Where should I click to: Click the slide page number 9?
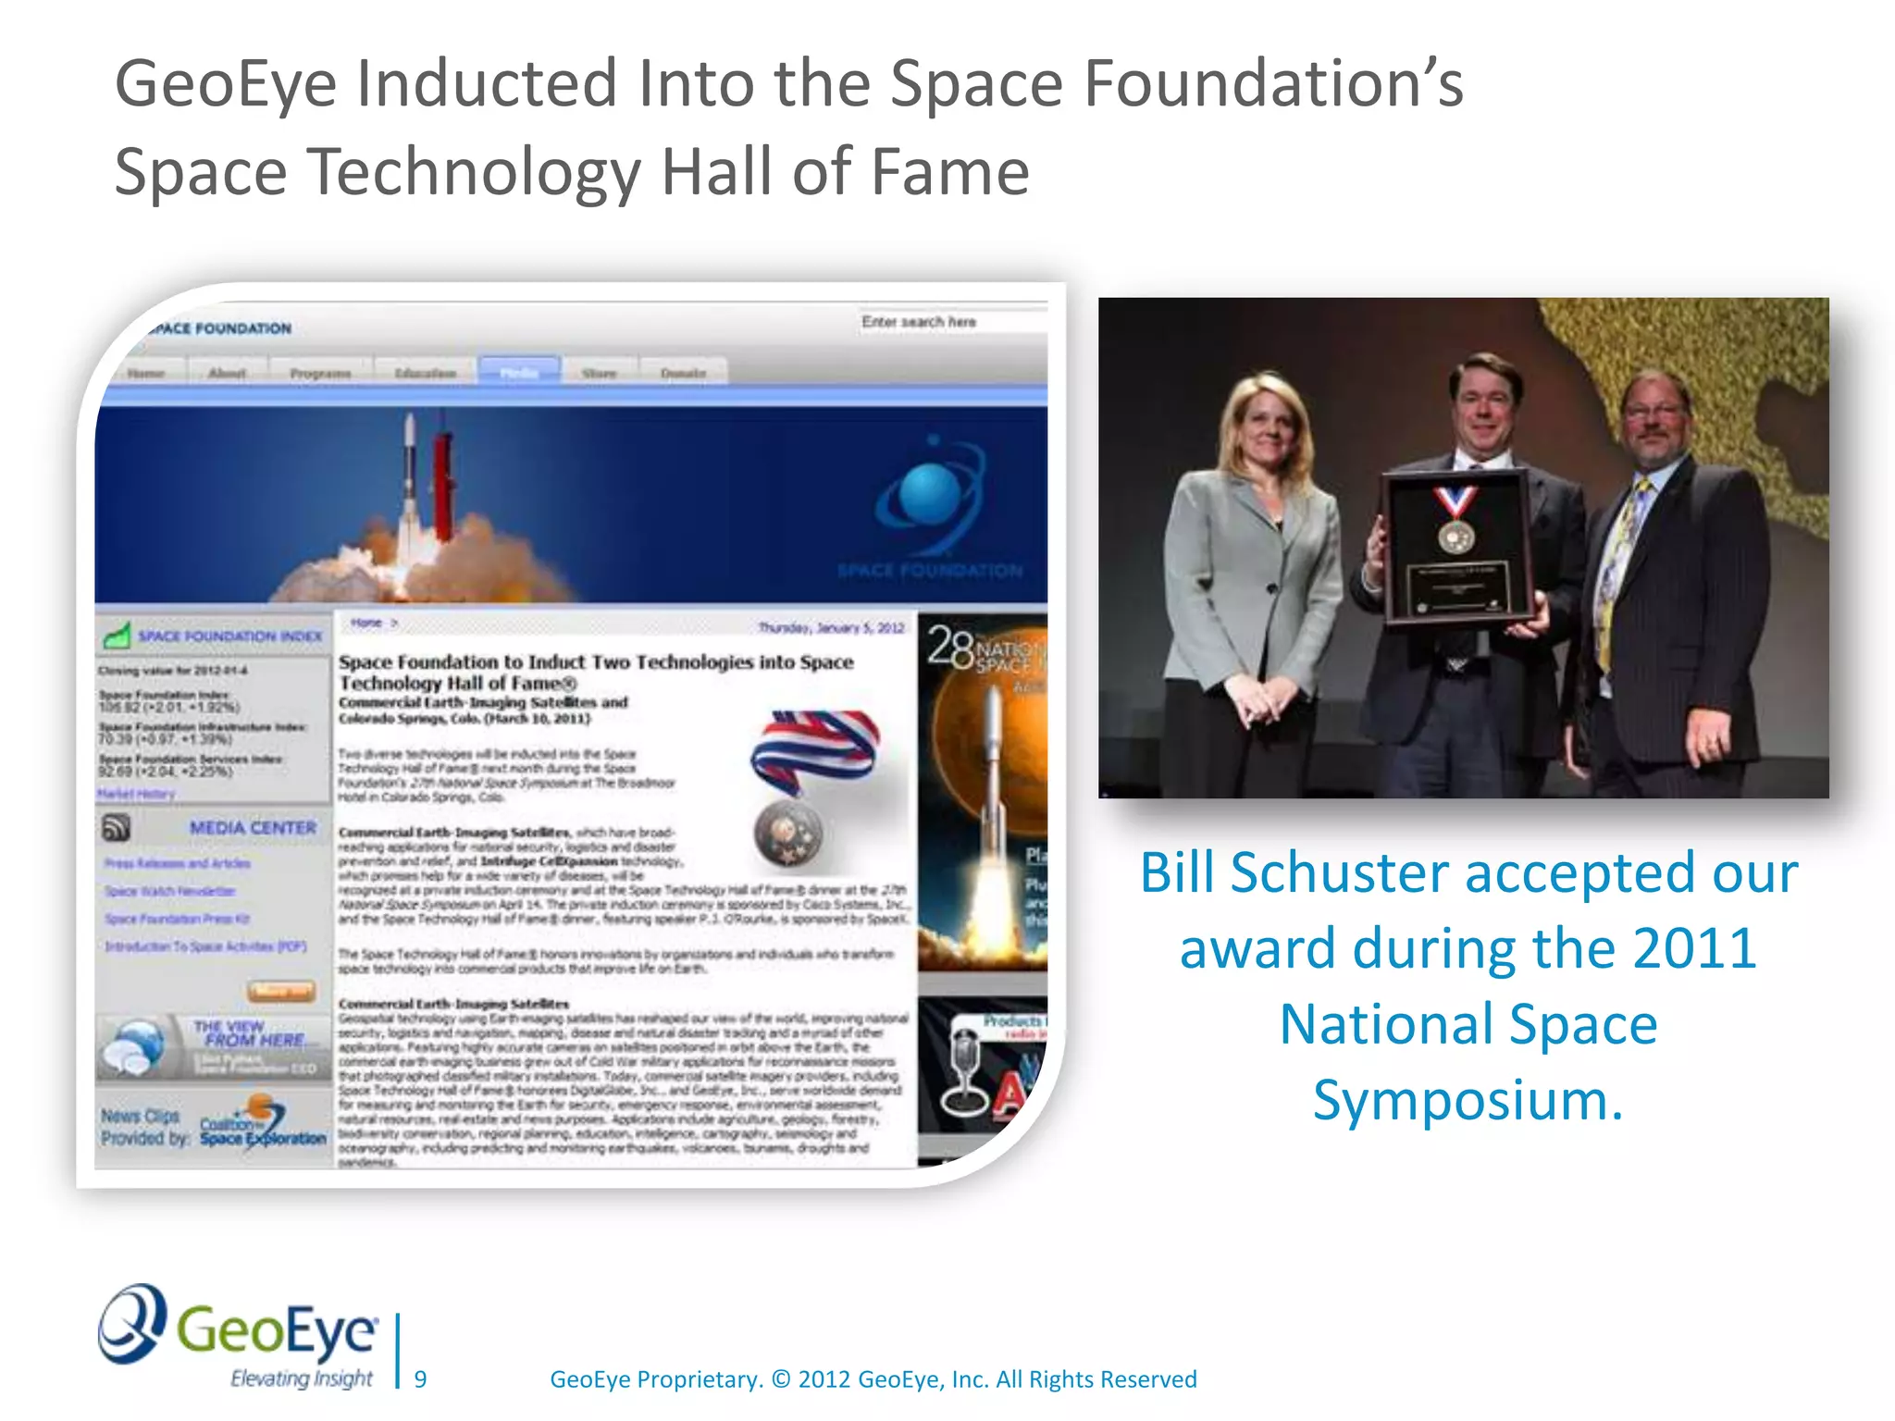pyautogui.click(x=420, y=1379)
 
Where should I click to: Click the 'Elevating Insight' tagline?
pyautogui.click(x=301, y=1378)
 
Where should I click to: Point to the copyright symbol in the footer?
pyautogui.click(x=780, y=1379)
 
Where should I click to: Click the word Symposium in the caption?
pyautogui.click(x=1468, y=1101)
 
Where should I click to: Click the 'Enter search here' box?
pyautogui.click(x=951, y=322)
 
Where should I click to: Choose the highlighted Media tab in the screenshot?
pyautogui.click(x=519, y=372)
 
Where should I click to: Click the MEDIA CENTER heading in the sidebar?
pyautogui.click(x=253, y=828)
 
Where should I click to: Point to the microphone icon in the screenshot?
pyautogui.click(x=962, y=1073)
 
